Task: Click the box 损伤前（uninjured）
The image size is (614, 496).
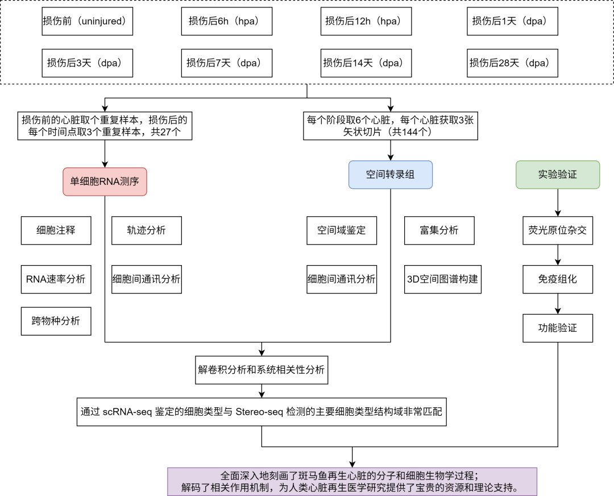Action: click(x=88, y=21)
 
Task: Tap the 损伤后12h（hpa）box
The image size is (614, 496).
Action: click(x=363, y=21)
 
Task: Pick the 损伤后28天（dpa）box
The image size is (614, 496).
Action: click(x=512, y=63)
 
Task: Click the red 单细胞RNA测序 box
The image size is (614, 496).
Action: click(x=105, y=181)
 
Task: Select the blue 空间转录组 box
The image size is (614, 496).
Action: click(x=390, y=174)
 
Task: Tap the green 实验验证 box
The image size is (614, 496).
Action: click(x=557, y=174)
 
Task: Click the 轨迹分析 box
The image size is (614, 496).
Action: click(x=146, y=230)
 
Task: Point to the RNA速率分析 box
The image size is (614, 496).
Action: click(x=56, y=279)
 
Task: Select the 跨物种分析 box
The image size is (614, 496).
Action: click(x=56, y=321)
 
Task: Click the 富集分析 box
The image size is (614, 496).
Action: click(x=439, y=230)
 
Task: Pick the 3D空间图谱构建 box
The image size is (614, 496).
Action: click(x=442, y=279)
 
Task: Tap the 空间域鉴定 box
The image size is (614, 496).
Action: click(x=341, y=230)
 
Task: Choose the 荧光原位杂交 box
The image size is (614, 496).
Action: click(x=557, y=230)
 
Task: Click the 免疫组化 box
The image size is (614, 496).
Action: click(x=557, y=279)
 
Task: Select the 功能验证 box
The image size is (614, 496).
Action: click(x=557, y=328)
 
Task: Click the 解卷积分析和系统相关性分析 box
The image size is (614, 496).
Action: click(x=261, y=369)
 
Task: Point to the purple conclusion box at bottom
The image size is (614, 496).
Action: click(x=352, y=481)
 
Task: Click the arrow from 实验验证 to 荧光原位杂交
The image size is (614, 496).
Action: click(x=557, y=202)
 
